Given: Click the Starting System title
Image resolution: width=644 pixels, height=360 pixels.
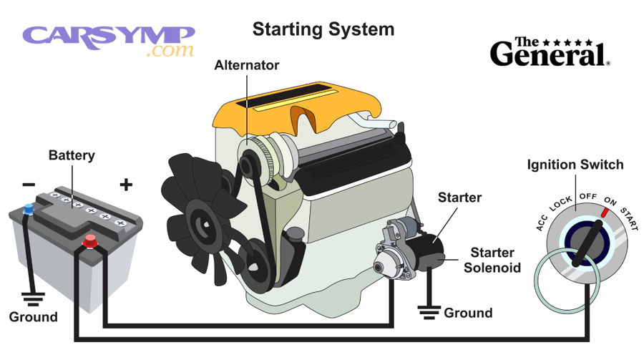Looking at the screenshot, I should pos(323,29).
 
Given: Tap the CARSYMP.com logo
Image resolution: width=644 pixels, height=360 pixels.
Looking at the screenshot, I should pos(109,40).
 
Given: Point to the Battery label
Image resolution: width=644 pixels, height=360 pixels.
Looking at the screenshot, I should pos(71,155).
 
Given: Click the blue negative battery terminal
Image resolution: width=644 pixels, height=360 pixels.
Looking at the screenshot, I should pos(29,210).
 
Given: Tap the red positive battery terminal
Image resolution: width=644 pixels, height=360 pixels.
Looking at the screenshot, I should pos(90,241).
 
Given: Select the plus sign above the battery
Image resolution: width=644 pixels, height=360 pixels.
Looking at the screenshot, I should pos(126,185).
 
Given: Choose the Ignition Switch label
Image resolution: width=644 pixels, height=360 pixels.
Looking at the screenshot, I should pos(575,165).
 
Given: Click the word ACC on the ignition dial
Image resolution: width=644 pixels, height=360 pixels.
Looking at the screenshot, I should pos(542,224).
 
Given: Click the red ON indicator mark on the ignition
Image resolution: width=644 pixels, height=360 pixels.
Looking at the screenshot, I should pos(608,213).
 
